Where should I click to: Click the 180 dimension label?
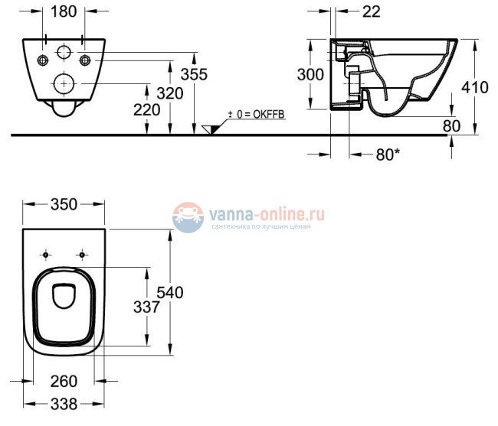(64, 13)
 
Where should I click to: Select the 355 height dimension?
(195, 73)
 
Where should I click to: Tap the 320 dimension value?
(170, 93)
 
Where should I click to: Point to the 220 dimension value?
(146, 110)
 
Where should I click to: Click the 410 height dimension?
(475, 87)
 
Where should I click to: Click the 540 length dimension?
(170, 291)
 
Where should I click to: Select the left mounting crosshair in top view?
(48, 253)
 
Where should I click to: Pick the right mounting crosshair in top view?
(80, 253)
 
